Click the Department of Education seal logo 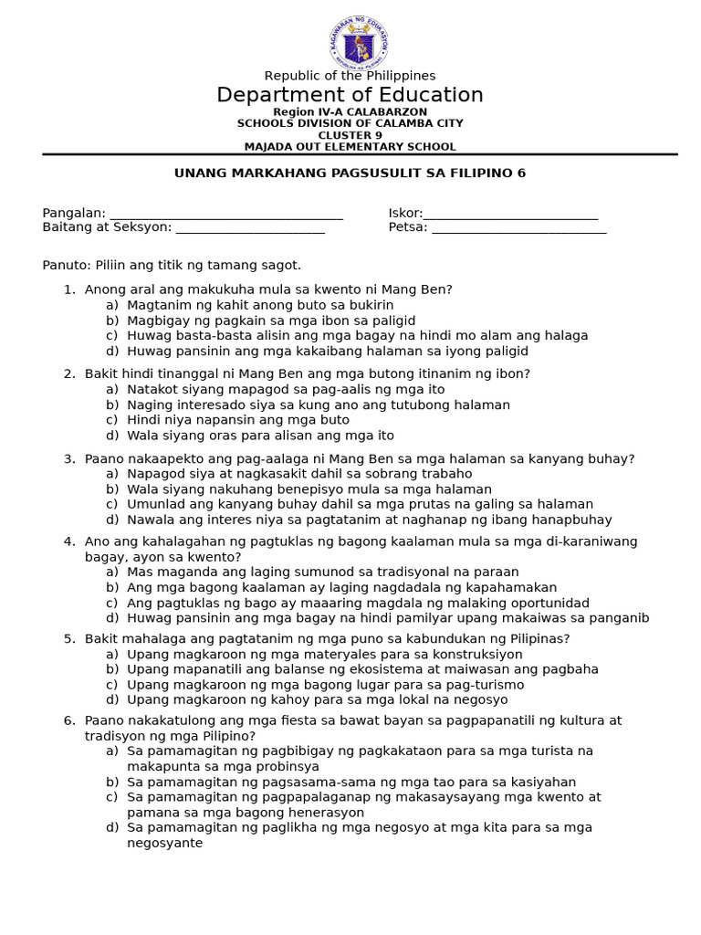[x=359, y=43]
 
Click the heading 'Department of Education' [x=350, y=95]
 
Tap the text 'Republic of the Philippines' [x=350, y=76]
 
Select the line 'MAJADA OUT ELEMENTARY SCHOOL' [x=350, y=147]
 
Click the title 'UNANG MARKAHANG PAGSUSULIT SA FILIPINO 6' [x=350, y=173]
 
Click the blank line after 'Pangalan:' [x=225, y=215]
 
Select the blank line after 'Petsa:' [x=518, y=229]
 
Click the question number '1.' [x=68, y=289]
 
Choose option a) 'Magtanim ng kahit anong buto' [x=260, y=305]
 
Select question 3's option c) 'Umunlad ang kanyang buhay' [x=360, y=504]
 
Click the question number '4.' [x=68, y=541]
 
